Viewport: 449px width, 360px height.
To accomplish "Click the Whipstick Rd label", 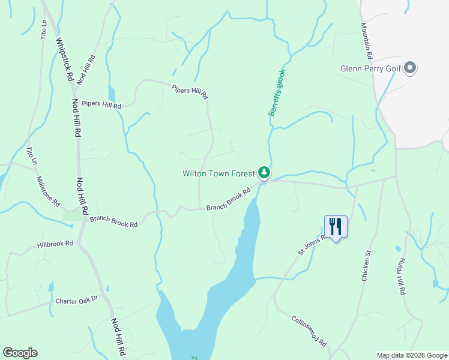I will tap(64, 60).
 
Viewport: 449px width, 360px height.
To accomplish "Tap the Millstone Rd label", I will tap(48, 191).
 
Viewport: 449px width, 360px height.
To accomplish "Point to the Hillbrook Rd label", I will tap(55, 244).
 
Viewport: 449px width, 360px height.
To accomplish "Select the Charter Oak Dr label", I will tap(76, 300).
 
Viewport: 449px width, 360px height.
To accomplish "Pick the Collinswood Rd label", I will tap(309, 331).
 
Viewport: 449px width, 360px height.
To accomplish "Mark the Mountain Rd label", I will tap(367, 41).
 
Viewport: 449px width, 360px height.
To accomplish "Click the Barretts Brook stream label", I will tap(276, 92).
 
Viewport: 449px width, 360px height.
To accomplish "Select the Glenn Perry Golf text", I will tap(370, 68).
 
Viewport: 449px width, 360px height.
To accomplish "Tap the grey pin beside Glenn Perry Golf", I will tap(410, 68).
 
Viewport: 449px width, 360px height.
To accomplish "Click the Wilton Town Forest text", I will tap(219, 174).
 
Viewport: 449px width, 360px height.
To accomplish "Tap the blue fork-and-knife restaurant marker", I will tap(335, 227).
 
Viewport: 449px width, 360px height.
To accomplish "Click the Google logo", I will tap(20, 353).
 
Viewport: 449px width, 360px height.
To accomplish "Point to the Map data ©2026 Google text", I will tap(411, 355).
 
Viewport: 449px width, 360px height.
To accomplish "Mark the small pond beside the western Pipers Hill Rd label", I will tap(112, 94).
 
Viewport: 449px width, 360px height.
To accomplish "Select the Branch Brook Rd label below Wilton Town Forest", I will tap(228, 200).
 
